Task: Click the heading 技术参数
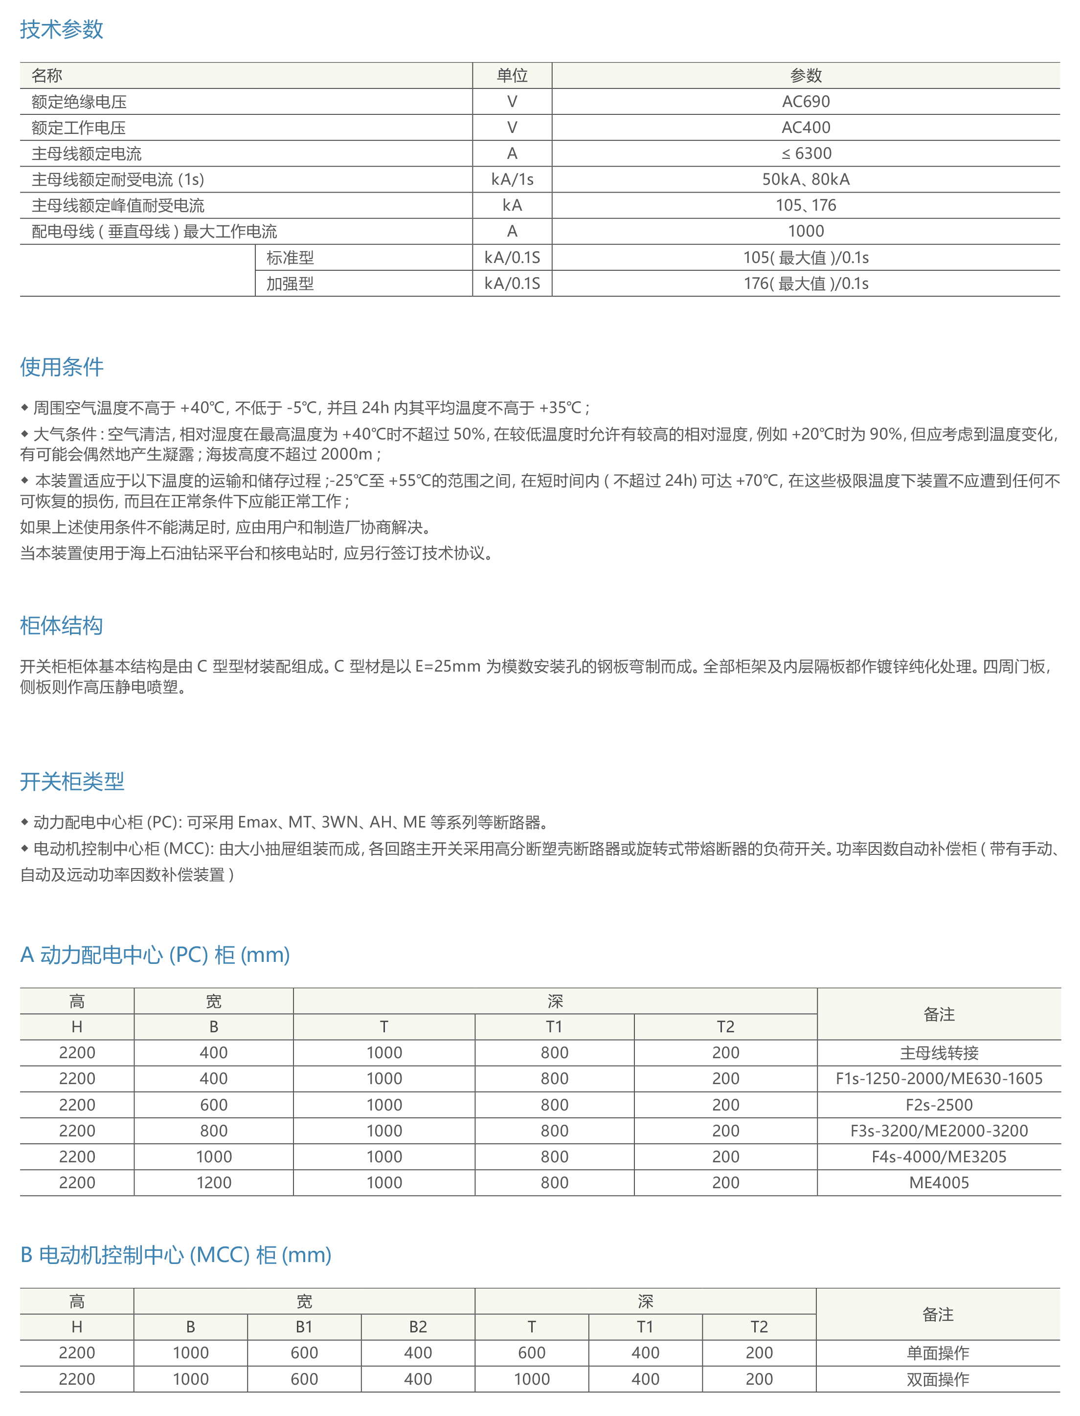[x=61, y=29]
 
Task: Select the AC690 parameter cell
[x=806, y=102]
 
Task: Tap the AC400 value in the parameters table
[x=806, y=127]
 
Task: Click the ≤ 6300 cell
[x=806, y=153]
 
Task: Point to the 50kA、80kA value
[x=806, y=179]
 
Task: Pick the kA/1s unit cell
[x=512, y=179]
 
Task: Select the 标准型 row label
[x=290, y=258]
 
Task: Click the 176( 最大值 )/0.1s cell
[x=806, y=283]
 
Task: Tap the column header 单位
[x=512, y=75]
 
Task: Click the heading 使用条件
[x=61, y=367]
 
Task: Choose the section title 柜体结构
[x=61, y=625]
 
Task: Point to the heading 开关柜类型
[x=72, y=781]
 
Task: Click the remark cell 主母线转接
[x=939, y=1053]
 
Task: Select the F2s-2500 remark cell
[x=939, y=1105]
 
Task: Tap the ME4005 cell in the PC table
[x=939, y=1182]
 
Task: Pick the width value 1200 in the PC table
[x=213, y=1182]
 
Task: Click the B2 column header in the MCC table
[x=418, y=1327]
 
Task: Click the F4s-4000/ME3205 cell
[x=939, y=1156]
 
